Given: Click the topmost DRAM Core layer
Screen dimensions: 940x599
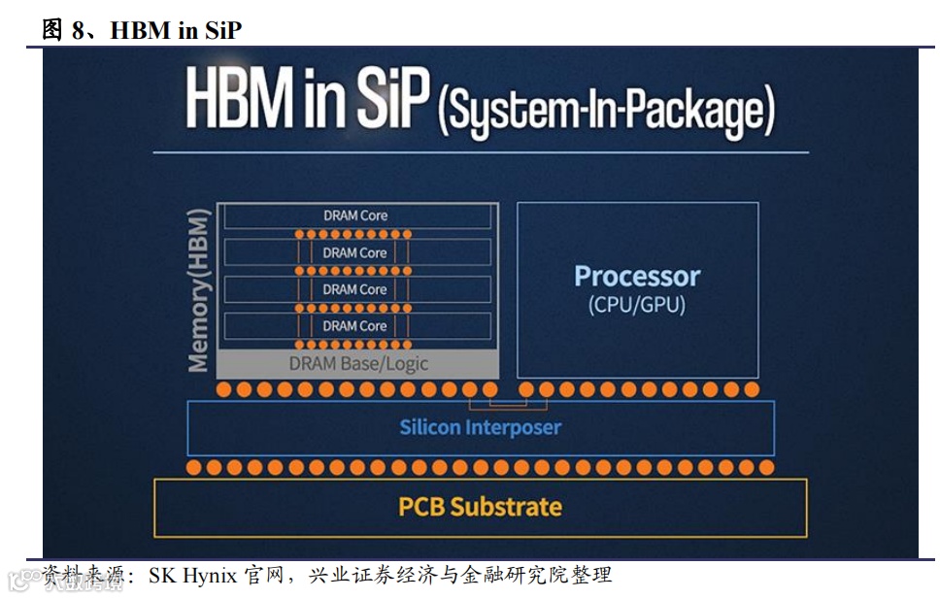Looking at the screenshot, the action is tap(355, 216).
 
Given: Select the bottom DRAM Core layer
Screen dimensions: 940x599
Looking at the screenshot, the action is tap(355, 326).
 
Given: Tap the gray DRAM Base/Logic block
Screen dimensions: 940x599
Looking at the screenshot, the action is tap(357, 364).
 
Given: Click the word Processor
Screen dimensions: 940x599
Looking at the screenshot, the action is tap(637, 276).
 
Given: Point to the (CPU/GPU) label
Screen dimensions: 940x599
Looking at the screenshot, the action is tap(637, 305).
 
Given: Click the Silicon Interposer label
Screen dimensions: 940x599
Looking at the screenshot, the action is tap(480, 427).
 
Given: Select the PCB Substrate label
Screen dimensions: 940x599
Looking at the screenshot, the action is tap(480, 506).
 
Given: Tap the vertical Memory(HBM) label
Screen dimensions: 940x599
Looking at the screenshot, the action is tap(199, 289).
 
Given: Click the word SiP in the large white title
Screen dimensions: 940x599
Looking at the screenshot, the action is tap(392, 105).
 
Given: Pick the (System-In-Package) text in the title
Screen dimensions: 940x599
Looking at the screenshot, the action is tap(607, 112).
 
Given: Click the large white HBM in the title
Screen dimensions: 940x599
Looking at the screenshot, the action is tap(237, 103).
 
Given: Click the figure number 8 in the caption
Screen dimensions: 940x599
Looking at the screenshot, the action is tap(79, 30).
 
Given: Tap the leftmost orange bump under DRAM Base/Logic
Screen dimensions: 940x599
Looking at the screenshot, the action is tap(224, 389).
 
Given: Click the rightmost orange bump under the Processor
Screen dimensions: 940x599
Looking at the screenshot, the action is tap(752, 389).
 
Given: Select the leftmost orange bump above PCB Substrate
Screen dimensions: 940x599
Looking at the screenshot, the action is tap(193, 467).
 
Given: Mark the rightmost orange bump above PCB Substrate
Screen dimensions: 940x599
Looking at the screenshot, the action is tap(766, 467).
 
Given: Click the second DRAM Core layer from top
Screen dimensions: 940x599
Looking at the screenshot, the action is tap(355, 252).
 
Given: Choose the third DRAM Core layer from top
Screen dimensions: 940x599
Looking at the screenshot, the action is tap(355, 289).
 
